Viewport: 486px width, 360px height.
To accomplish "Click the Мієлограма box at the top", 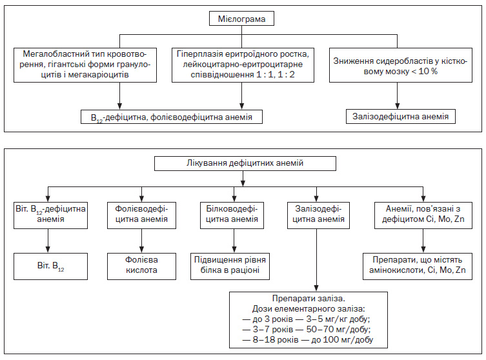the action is [x=241, y=19].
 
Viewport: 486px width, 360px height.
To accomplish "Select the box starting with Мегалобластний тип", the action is [x=85, y=65].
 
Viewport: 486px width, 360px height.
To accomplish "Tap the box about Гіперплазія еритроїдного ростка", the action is [x=243, y=65].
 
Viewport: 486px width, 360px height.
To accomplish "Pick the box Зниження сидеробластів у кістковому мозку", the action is [x=400, y=65].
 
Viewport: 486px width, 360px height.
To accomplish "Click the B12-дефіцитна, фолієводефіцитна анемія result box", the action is [x=172, y=117].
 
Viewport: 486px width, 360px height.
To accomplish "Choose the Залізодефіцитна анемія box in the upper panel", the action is [x=400, y=117].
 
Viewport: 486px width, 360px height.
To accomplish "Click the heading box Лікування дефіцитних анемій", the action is [x=245, y=163].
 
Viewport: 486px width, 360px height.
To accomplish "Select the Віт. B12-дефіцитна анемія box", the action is [x=50, y=215].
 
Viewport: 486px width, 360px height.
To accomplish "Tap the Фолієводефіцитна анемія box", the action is [x=141, y=215].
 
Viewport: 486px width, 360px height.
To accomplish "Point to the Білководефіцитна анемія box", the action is [x=232, y=215].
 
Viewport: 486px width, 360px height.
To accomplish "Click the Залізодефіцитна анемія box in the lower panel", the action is [x=318, y=215].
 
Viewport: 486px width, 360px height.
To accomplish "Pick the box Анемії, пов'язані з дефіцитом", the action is [x=423, y=215].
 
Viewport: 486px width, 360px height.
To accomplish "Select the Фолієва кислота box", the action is [x=141, y=266].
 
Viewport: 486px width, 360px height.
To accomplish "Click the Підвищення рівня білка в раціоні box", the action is [x=230, y=266].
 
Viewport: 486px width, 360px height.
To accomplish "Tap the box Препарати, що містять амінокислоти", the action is [x=418, y=266].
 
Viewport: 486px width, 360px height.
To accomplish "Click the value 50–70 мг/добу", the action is [x=338, y=329].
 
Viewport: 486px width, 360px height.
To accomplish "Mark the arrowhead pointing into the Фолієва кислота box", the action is [x=141, y=250].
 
